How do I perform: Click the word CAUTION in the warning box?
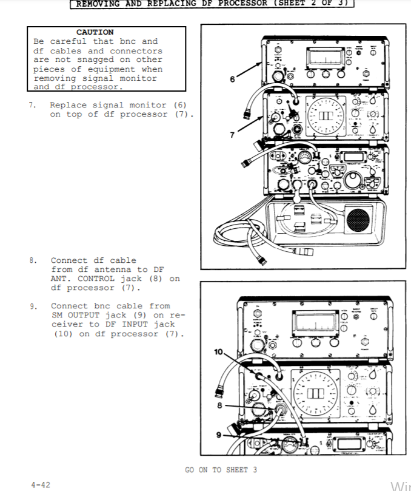click(95, 32)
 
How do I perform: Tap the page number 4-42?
click(41, 484)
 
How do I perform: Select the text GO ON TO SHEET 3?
click(221, 470)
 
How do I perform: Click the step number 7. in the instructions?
click(32, 106)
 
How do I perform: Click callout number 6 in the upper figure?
click(232, 79)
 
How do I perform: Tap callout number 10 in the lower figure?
click(219, 352)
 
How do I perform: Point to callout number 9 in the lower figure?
click(219, 434)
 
